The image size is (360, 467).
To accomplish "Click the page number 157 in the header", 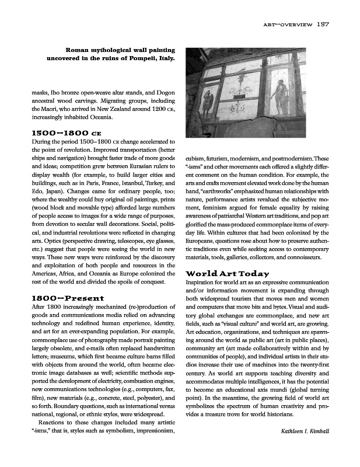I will [324, 25].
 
